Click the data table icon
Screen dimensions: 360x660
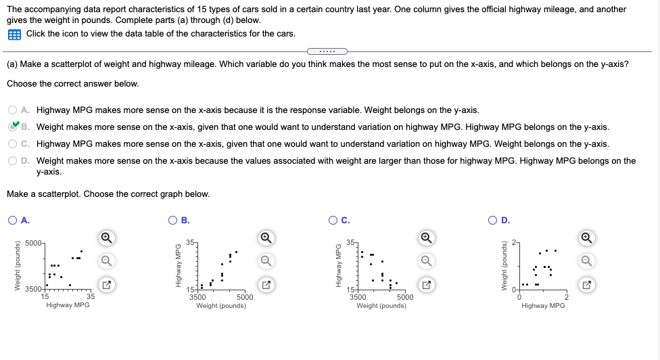15,34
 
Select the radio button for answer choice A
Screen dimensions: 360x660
14,110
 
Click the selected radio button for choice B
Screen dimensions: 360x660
14,127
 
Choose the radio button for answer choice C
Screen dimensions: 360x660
14,143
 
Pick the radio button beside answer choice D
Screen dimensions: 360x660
14,161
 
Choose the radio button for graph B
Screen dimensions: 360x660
173,219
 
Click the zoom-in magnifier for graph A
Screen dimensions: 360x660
105,238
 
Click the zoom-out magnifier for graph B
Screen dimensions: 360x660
266,261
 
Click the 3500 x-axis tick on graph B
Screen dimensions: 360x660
198,296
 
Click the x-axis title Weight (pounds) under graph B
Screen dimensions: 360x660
221,306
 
